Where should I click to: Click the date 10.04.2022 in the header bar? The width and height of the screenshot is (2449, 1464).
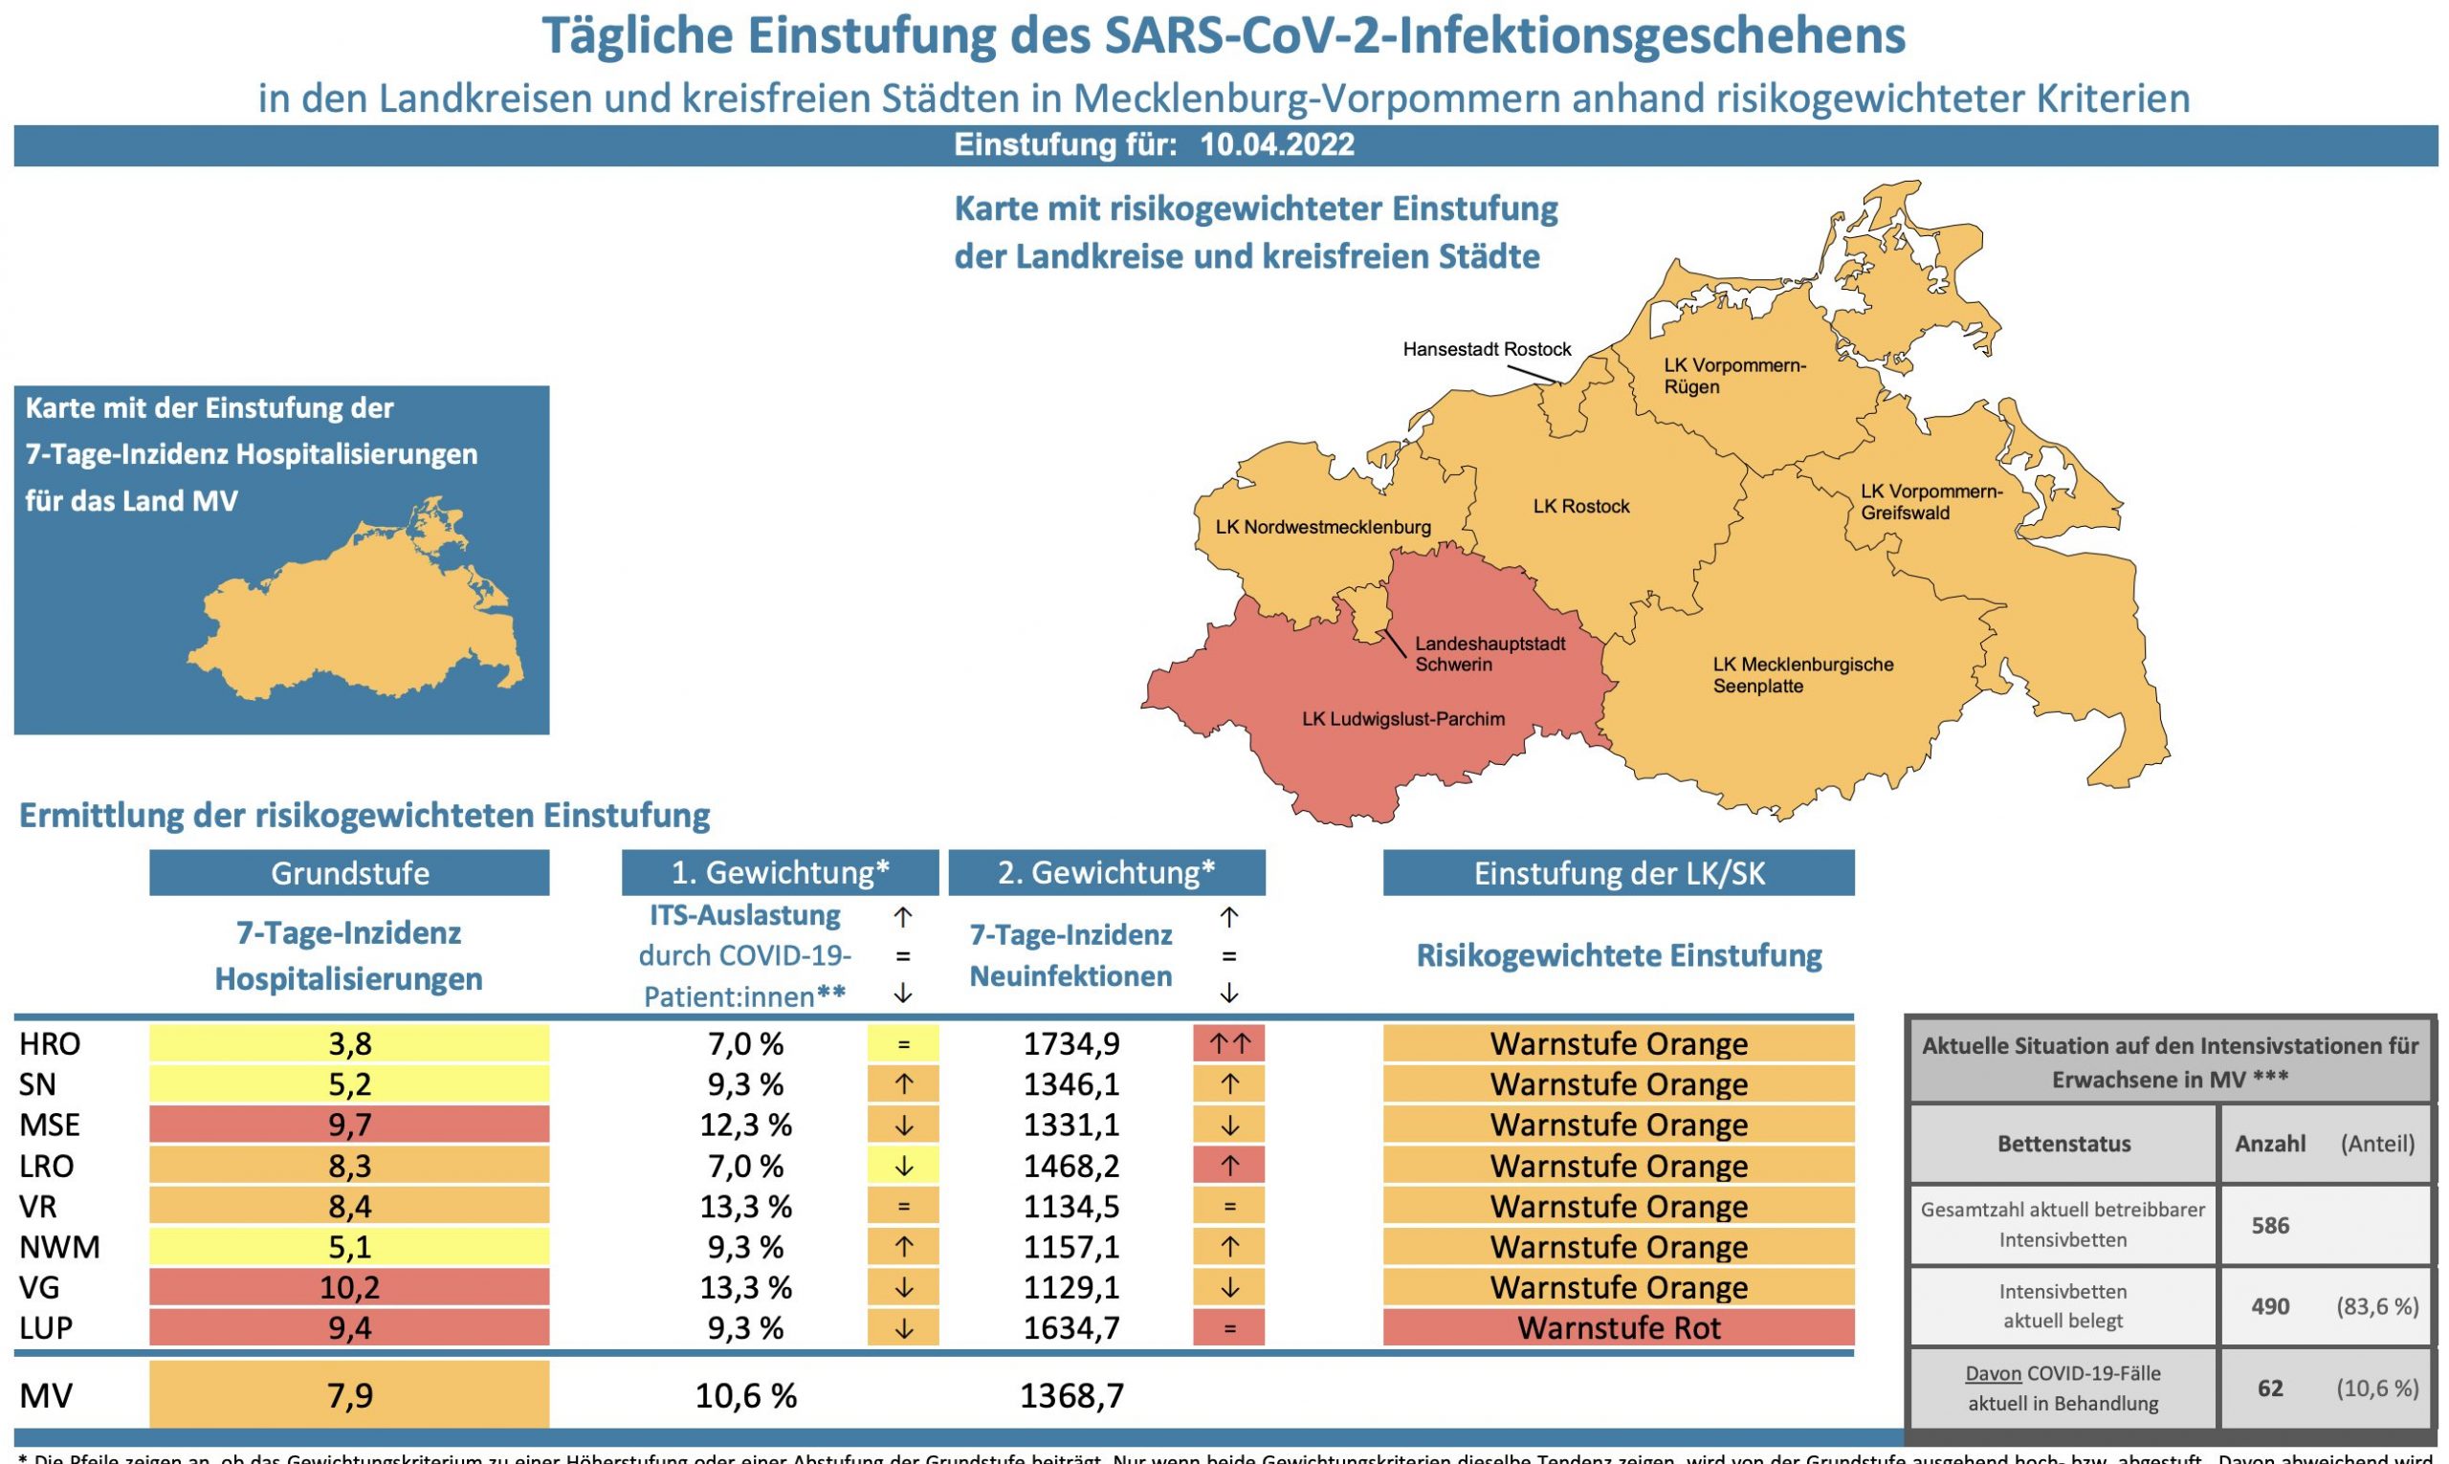(x=1277, y=145)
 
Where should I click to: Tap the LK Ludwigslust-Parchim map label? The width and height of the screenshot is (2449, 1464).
(x=1403, y=719)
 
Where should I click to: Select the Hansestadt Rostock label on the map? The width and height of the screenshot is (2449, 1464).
(x=1486, y=349)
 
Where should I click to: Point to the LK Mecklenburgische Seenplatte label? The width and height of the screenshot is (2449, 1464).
(x=1802, y=675)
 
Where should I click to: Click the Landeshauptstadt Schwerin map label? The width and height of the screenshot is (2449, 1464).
(x=1489, y=654)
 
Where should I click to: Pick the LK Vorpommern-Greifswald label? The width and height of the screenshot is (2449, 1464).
(x=1931, y=501)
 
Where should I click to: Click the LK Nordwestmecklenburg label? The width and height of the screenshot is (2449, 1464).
(x=1322, y=527)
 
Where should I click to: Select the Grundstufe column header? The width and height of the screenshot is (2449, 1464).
(x=349, y=873)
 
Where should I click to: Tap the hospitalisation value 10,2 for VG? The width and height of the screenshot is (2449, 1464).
(x=349, y=1287)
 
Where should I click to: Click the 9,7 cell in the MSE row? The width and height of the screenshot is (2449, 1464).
(x=349, y=1125)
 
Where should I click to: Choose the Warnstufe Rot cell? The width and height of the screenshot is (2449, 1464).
(x=1619, y=1328)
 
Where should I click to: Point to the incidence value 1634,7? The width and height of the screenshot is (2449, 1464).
(x=1070, y=1328)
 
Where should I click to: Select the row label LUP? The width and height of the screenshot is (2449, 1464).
(x=45, y=1328)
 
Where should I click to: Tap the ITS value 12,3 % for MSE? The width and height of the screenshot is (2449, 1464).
(x=745, y=1125)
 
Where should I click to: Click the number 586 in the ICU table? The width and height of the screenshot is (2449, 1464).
(x=2269, y=1225)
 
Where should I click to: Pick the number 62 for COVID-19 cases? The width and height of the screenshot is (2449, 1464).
(x=2269, y=1388)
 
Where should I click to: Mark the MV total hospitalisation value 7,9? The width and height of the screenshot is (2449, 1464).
(x=349, y=1395)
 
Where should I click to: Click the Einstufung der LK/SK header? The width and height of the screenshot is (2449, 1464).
(x=1619, y=873)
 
